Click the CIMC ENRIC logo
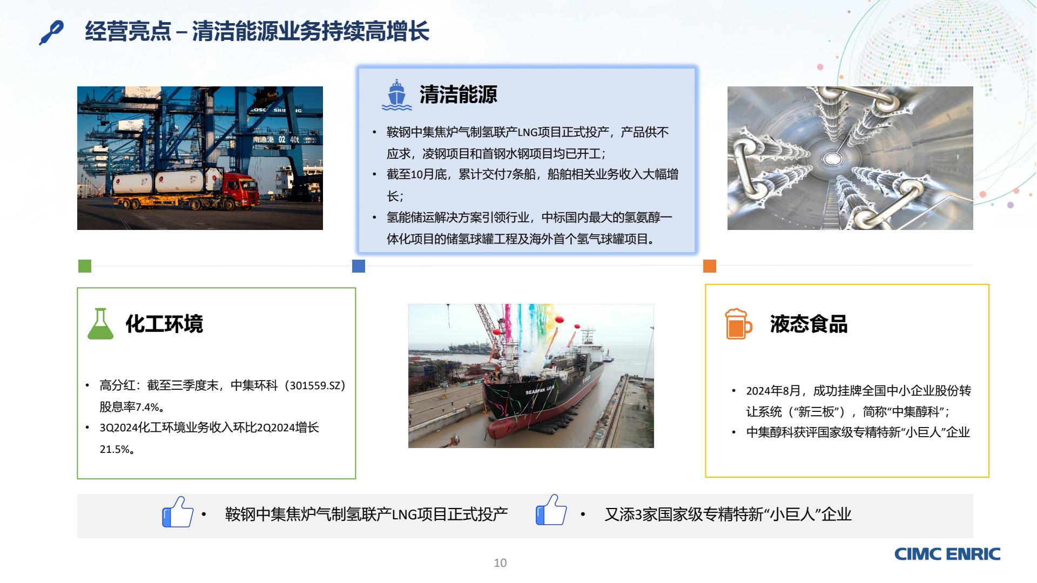coord(947,554)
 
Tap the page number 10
coord(500,563)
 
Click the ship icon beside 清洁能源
coord(397,95)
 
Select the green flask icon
coord(100,324)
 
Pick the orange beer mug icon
coord(738,324)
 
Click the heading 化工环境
coord(164,324)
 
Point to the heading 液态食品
coord(809,324)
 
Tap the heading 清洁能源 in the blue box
coord(459,94)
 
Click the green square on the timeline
coord(85,266)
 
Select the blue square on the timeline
coord(359,266)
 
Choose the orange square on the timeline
coord(710,266)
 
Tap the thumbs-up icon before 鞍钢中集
coord(178,512)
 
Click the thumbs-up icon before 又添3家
coord(551,510)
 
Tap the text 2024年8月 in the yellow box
coord(773,391)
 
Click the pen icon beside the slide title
coord(51,32)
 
